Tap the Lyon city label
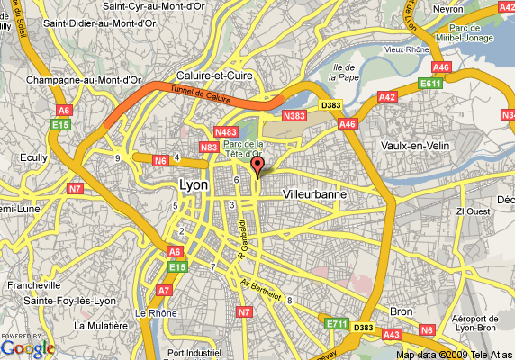point(194,185)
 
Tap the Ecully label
point(33,156)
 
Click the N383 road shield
point(294,115)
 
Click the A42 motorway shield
point(387,96)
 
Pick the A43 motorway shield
point(392,335)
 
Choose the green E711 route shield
point(335,323)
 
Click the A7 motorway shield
point(164,291)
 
